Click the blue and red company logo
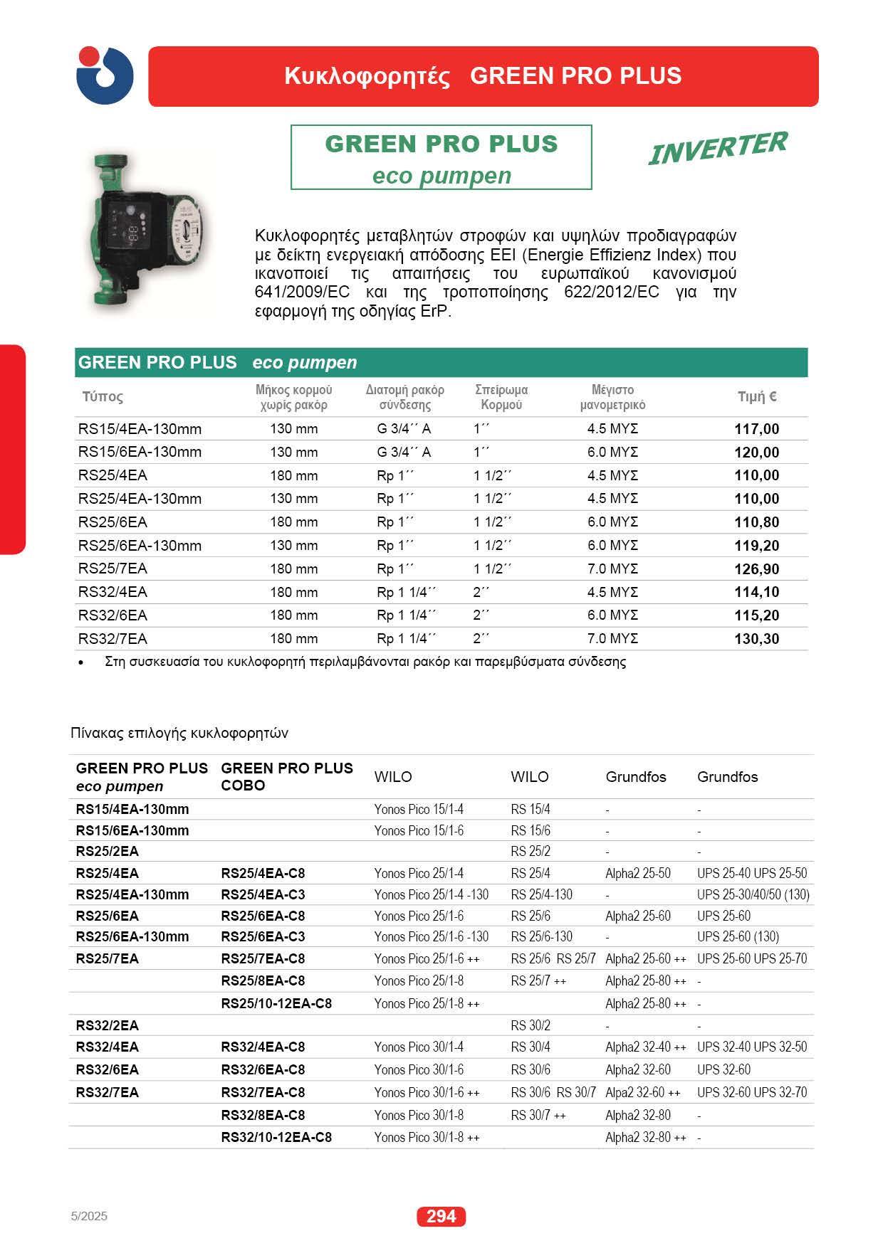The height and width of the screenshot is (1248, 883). point(105,75)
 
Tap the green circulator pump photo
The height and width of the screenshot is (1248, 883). point(150,229)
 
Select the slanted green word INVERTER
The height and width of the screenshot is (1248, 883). point(717,147)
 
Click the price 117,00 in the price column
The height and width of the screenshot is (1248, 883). point(756,429)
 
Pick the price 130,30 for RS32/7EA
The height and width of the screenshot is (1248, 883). point(756,639)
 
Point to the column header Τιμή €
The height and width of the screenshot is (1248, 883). point(756,397)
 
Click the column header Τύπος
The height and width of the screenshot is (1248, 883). point(103,397)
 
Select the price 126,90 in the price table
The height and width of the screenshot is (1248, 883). point(756,569)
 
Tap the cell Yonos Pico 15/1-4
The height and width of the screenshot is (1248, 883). point(419,809)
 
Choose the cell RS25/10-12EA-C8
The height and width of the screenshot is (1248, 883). point(276,1003)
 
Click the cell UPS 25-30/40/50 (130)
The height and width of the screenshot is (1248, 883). point(753,894)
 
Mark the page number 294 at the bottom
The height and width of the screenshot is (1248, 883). point(441,1217)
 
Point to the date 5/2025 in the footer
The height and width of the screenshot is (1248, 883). point(89,1216)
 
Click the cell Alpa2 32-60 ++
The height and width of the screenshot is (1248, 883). point(642,1092)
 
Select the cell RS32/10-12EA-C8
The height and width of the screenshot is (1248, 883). point(276,1137)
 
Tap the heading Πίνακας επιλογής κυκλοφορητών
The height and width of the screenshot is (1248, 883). point(179,733)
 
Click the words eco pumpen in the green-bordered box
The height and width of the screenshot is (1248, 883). point(441,176)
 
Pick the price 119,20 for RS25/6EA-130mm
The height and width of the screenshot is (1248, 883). point(756,546)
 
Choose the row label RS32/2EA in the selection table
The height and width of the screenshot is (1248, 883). point(107,1025)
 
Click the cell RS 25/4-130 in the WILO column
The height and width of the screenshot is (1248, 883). point(541,894)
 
